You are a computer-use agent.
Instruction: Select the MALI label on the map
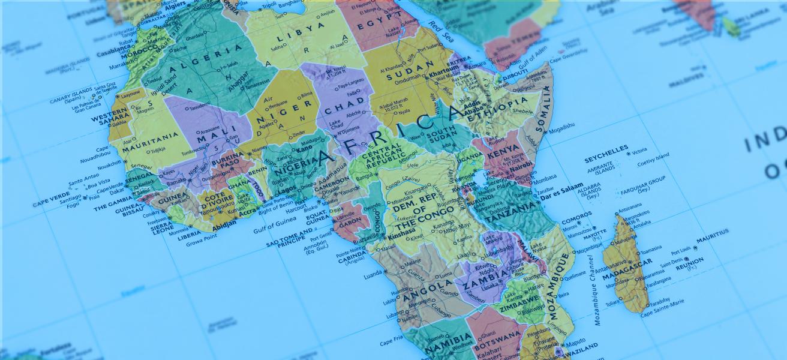pos(208,139)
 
